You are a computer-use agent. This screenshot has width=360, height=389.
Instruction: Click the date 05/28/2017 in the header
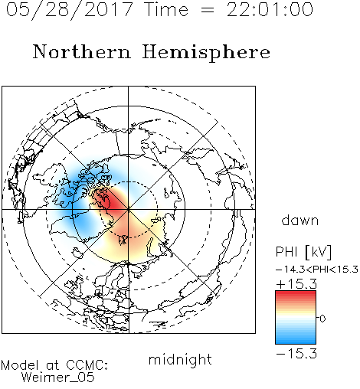pyautogui.click(x=70, y=10)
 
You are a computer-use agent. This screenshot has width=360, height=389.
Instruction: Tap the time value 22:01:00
pyautogui.click(x=270, y=9)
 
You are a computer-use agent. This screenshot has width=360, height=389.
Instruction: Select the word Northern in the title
pyautogui.click(x=82, y=51)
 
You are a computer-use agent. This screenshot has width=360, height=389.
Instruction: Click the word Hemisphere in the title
pyautogui.click(x=206, y=53)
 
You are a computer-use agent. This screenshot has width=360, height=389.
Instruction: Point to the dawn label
pyautogui.click(x=300, y=221)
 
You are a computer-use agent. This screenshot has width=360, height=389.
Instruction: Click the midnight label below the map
pyautogui.click(x=180, y=359)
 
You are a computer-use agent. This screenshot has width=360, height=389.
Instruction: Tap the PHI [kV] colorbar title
pyautogui.click(x=303, y=252)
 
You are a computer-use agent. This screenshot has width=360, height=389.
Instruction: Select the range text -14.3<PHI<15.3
pyautogui.click(x=317, y=270)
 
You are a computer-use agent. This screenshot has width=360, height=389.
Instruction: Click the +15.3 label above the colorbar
pyautogui.click(x=296, y=284)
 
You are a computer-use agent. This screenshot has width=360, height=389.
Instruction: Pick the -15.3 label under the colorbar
pyautogui.click(x=296, y=354)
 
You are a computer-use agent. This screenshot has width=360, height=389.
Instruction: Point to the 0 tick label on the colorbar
pyautogui.click(x=322, y=319)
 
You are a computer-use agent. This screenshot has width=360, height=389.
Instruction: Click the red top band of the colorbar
pyautogui.click(x=296, y=294)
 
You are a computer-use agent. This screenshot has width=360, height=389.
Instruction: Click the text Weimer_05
pyautogui.click(x=58, y=378)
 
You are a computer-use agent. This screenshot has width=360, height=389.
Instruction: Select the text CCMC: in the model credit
pyautogui.click(x=87, y=365)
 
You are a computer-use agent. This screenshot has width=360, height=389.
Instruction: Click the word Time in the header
pyautogui.click(x=166, y=9)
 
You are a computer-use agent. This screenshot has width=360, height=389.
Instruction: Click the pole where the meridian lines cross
pyautogui.click(x=129, y=210)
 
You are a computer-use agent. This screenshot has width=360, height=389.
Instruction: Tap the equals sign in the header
pyautogui.click(x=208, y=11)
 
